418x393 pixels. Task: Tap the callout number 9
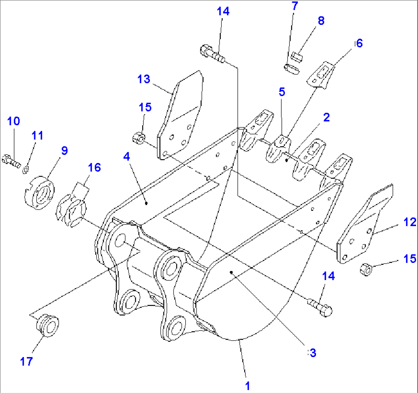pos(64,150)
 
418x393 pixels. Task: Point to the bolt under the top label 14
pos(212,53)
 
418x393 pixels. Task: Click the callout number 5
pos(281,92)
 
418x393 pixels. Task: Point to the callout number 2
pos(326,117)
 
